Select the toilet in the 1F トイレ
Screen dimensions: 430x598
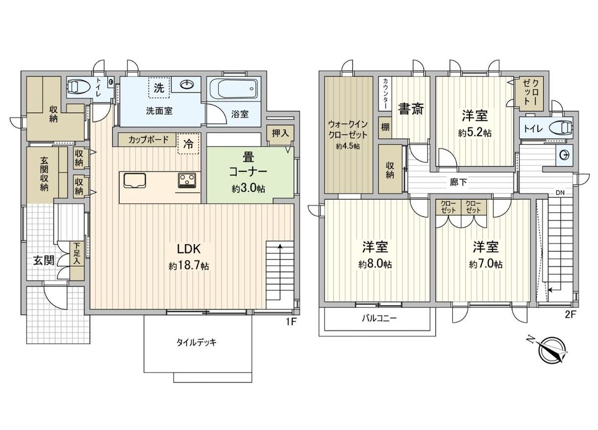pos(78,86)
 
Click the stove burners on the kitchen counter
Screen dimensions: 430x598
pos(188,180)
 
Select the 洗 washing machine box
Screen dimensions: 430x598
pos(159,87)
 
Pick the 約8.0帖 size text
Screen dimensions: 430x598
pos(375,265)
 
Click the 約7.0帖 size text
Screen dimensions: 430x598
pos(486,265)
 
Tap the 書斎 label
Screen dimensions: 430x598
pos(411,109)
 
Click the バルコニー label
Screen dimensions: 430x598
pos(379,318)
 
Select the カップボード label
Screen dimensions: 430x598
pos(148,139)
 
